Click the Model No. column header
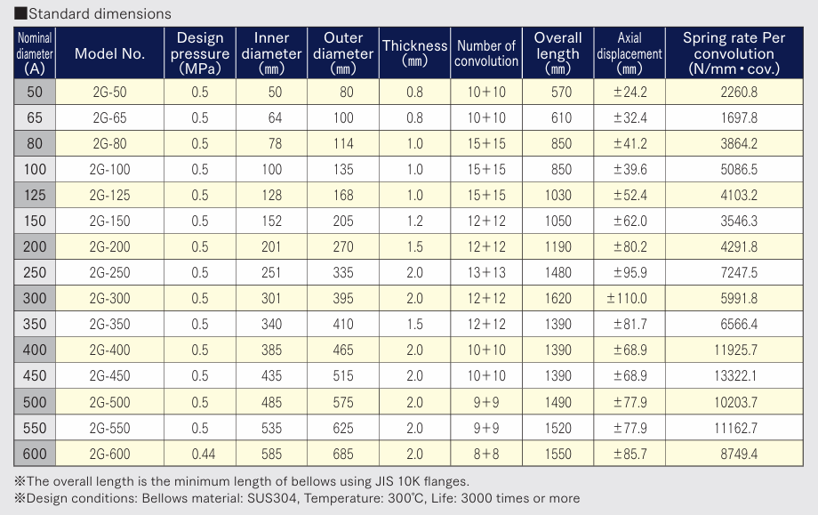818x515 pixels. [x=109, y=53]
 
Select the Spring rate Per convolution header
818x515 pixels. [x=734, y=53]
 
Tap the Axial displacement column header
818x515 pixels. [x=630, y=53]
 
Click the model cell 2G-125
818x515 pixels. [x=109, y=195]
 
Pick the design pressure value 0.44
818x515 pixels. [x=203, y=454]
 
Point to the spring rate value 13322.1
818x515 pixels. [x=735, y=376]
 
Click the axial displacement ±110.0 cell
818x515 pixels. [x=627, y=299]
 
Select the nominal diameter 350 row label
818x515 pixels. [x=35, y=325]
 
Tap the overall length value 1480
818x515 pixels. [x=558, y=273]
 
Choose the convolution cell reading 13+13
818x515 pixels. [x=486, y=273]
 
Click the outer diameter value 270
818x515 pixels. [x=343, y=246]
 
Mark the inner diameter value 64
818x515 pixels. [x=275, y=118]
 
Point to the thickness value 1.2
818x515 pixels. [x=414, y=221]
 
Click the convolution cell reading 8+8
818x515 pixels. [x=486, y=454]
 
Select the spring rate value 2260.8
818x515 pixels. [x=739, y=93]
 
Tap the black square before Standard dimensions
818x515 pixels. [x=20, y=13]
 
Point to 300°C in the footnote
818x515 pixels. [x=406, y=498]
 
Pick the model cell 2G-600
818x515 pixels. [x=109, y=454]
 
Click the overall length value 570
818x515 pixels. [x=561, y=93]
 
